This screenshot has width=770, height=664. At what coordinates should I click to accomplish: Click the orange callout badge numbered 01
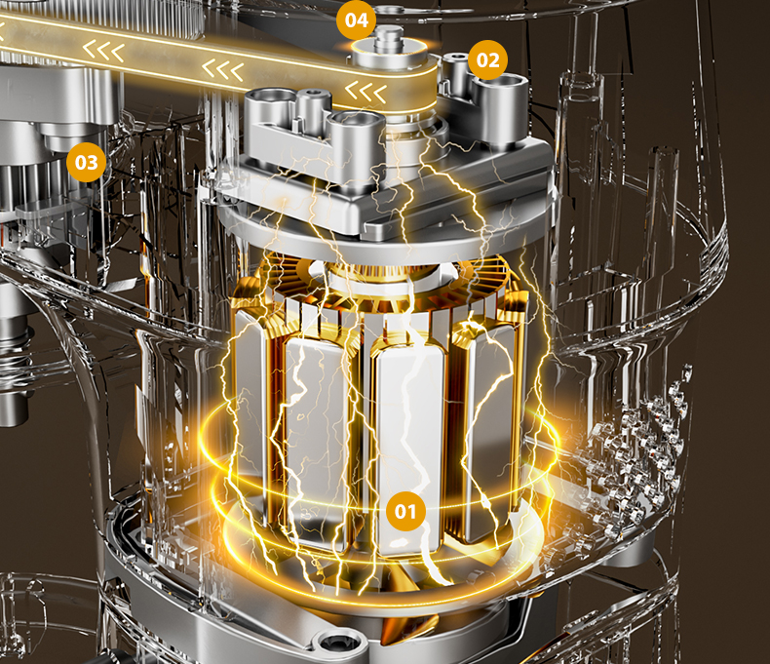(405, 511)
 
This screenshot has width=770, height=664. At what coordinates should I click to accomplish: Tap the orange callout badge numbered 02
(487, 59)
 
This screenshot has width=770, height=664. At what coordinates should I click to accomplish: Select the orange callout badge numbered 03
(87, 162)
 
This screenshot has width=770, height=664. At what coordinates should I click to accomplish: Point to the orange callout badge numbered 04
(357, 20)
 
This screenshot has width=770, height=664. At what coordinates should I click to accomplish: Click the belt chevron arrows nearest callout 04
(366, 91)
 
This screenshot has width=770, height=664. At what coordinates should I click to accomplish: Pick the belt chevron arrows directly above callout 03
(103, 51)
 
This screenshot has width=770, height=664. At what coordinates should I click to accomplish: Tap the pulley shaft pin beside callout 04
(389, 38)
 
